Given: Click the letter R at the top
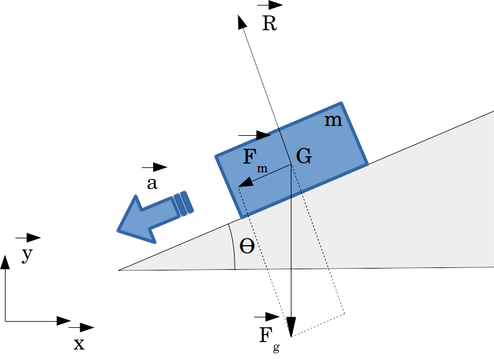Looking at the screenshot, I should click(x=269, y=24).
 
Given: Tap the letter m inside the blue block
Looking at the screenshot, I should click(x=333, y=120).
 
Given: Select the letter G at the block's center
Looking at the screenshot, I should click(x=303, y=156).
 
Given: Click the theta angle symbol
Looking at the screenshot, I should click(x=247, y=247).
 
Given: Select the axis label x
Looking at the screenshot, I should click(x=79, y=344).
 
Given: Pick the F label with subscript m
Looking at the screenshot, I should click(x=251, y=159).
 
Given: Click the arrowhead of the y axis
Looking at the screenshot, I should click(x=6, y=262).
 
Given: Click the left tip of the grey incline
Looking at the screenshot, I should click(x=120, y=270).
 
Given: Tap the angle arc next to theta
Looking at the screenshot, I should click(x=233, y=247).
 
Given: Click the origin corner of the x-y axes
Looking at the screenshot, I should click(x=6, y=321).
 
